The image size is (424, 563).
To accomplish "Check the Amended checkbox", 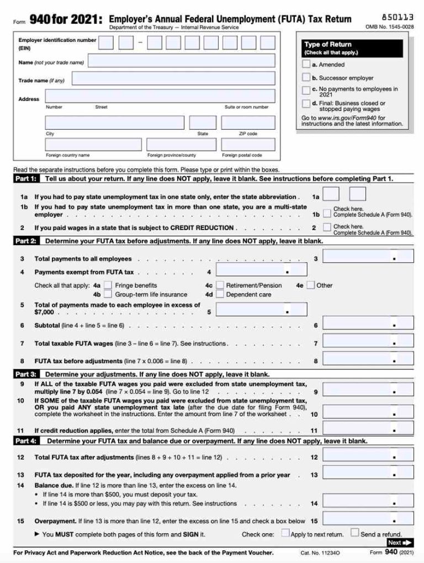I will [x=306, y=65].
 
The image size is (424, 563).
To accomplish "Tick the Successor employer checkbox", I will [x=306, y=78].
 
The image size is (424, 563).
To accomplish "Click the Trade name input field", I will [x=173, y=79].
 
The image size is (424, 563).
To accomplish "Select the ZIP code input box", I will [x=248, y=123].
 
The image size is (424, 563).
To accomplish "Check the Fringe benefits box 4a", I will [x=108, y=285].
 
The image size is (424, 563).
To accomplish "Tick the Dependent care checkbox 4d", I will [x=219, y=295].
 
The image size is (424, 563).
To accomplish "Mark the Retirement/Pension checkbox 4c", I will [x=219, y=285].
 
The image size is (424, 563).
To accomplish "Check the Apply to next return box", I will [x=285, y=533].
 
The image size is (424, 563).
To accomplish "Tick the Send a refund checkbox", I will [x=355, y=533].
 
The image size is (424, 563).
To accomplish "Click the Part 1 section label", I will [x=26, y=179].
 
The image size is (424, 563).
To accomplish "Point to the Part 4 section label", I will [x=26, y=441].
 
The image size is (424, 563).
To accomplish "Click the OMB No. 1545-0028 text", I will [x=390, y=26].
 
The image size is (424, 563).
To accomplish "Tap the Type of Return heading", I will [x=327, y=44].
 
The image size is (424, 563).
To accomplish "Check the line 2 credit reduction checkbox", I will [x=327, y=227].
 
